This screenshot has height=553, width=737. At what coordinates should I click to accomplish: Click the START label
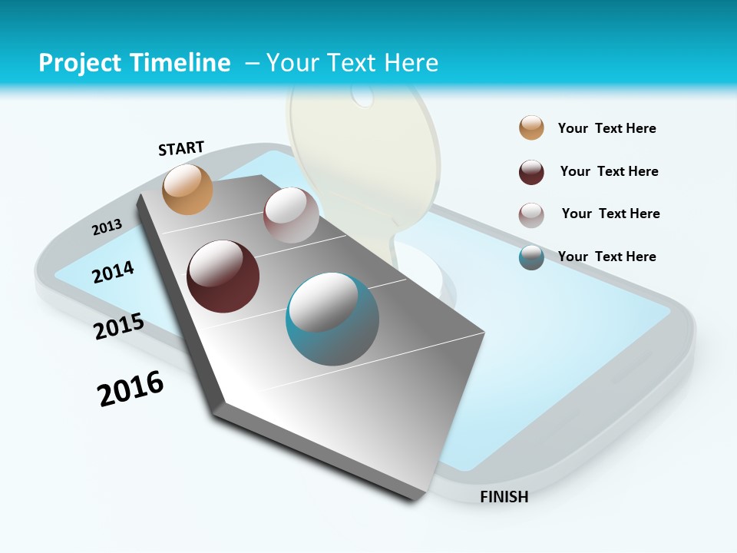(181, 148)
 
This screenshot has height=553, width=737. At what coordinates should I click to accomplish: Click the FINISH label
(504, 497)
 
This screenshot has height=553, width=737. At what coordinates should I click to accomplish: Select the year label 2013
(107, 227)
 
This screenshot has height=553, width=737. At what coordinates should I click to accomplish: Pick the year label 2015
(119, 326)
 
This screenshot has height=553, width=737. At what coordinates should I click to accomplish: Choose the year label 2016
(131, 389)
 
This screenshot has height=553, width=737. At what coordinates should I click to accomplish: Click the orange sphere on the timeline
(187, 189)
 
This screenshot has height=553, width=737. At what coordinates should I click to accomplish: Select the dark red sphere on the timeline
(223, 276)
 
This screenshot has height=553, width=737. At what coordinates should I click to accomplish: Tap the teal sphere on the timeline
(332, 319)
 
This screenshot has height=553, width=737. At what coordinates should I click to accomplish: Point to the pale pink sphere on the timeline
(291, 215)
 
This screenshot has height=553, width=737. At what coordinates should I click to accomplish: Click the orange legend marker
(531, 127)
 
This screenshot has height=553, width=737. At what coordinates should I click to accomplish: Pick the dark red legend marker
(531, 172)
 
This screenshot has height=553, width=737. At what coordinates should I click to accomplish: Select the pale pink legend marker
(531, 215)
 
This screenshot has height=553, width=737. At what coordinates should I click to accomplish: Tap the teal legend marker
(531, 257)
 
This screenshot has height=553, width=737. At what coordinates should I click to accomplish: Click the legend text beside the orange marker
(606, 128)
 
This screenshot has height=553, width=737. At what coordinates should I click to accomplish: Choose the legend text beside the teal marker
(606, 257)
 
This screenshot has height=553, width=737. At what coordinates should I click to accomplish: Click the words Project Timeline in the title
(134, 63)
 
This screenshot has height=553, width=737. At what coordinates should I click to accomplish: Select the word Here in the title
(411, 63)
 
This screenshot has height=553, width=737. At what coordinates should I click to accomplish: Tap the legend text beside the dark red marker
(609, 171)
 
